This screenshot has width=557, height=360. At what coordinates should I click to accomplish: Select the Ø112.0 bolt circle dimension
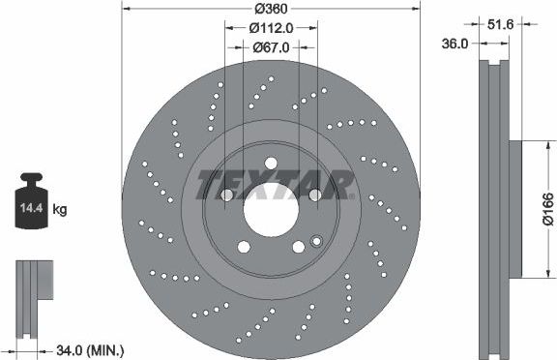coord(272,28)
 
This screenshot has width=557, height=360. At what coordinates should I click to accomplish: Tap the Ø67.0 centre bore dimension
coord(272,46)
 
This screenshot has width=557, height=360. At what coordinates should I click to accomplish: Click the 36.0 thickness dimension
coord(455,44)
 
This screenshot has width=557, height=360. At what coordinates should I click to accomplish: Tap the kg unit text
coord(59,208)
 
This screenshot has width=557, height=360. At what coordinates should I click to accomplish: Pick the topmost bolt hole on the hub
coord(271,162)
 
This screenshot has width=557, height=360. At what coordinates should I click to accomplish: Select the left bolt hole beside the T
coord(226,195)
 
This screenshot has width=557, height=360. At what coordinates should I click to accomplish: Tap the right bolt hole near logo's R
coord(314,195)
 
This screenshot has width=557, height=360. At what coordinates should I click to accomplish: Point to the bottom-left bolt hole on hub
coord(244,248)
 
